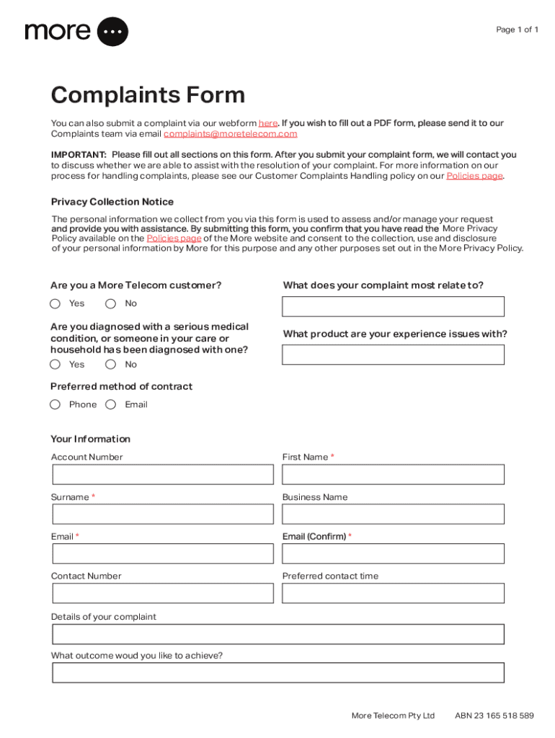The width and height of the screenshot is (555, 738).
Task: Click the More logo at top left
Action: [76, 32]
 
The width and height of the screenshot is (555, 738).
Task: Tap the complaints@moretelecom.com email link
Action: [230, 134]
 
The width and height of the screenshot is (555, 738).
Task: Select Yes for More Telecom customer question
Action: [55, 303]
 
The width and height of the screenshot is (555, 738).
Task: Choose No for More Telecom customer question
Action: [111, 303]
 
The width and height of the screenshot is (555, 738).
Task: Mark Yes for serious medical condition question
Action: [55, 365]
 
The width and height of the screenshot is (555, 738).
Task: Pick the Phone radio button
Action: [55, 404]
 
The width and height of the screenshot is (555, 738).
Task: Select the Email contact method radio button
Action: [111, 404]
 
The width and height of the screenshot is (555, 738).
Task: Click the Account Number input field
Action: [163, 474]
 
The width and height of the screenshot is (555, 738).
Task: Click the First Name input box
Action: [393, 474]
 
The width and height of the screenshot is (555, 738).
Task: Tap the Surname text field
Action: [163, 514]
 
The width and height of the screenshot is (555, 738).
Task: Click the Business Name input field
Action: [393, 514]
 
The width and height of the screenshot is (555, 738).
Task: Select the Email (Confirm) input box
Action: [393, 553]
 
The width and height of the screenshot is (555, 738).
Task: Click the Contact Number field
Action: [163, 593]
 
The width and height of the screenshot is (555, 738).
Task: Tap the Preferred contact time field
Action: [393, 593]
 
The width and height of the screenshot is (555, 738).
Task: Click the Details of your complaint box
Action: [277, 634]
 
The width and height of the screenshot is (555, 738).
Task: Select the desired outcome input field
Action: [277, 673]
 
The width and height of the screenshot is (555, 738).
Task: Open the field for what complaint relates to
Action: [393, 307]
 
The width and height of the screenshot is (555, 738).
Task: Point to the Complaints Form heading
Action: [148, 95]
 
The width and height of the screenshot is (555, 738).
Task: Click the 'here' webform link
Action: [268, 123]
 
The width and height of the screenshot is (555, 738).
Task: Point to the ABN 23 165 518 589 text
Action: [494, 716]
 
